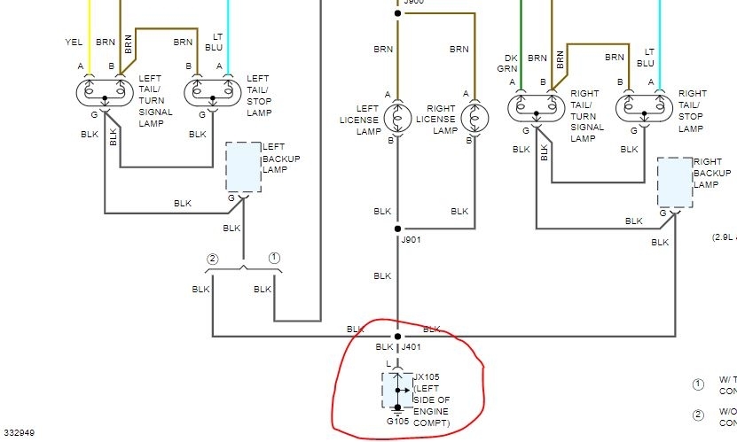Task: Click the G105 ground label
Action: pyautogui.click(x=397, y=421)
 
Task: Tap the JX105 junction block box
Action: pyautogui.click(x=396, y=389)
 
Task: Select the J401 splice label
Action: pyautogui.click(x=412, y=347)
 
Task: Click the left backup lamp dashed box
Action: pyautogui.click(x=244, y=167)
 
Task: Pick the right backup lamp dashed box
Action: pyautogui.click(x=675, y=182)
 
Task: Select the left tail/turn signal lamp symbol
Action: pyautogui.click(x=105, y=91)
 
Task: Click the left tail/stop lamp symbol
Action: pyautogui.click(x=214, y=91)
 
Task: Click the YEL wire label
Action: pyautogui.click(x=73, y=42)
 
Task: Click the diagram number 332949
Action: pyautogui.click(x=18, y=434)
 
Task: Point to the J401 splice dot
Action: pyautogui.click(x=397, y=337)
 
